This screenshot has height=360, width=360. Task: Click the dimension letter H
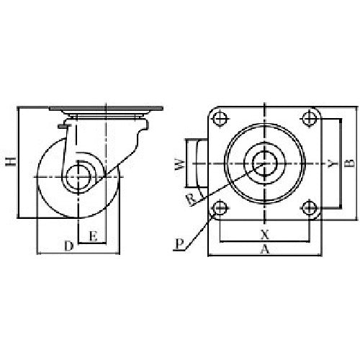tap(9, 163)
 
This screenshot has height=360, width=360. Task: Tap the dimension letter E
tap(93, 235)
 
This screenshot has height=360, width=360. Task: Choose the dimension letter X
tap(265, 235)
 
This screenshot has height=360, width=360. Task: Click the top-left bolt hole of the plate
tap(220, 117)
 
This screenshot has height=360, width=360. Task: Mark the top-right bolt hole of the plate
tap(310, 117)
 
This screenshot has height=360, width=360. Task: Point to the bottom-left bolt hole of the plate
tap(220, 209)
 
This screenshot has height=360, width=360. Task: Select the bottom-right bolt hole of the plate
tap(310, 209)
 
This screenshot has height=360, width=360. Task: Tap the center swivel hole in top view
tap(265, 163)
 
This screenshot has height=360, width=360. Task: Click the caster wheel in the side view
tap(54, 198)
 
